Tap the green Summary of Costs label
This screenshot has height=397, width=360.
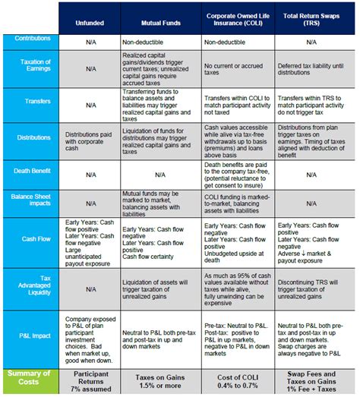[30, 378]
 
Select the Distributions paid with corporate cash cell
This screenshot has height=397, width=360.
[90, 137]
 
